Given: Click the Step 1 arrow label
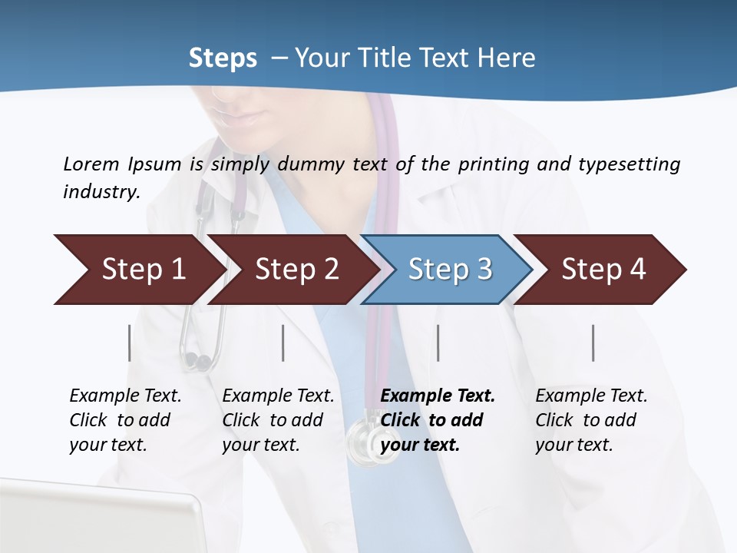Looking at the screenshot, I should (x=144, y=270).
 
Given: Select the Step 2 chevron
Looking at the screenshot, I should (x=296, y=270).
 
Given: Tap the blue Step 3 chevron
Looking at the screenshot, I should (x=450, y=270).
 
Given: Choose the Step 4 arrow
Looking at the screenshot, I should (x=603, y=270).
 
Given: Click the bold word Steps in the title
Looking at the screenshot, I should (x=223, y=58).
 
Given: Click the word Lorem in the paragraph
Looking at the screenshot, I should (x=91, y=164).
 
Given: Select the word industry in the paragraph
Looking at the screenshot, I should (x=101, y=192).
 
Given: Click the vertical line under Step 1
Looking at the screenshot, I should (x=129, y=343).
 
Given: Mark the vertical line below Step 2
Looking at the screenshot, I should (x=283, y=343).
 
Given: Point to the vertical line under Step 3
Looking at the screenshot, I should (x=438, y=343).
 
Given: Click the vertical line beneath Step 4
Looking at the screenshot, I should (x=593, y=343).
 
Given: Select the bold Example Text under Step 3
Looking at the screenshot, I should (x=438, y=396).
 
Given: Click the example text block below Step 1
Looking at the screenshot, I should (x=125, y=420).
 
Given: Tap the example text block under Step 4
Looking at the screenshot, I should (x=591, y=420).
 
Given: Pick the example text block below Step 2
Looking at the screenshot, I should (x=278, y=420).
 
